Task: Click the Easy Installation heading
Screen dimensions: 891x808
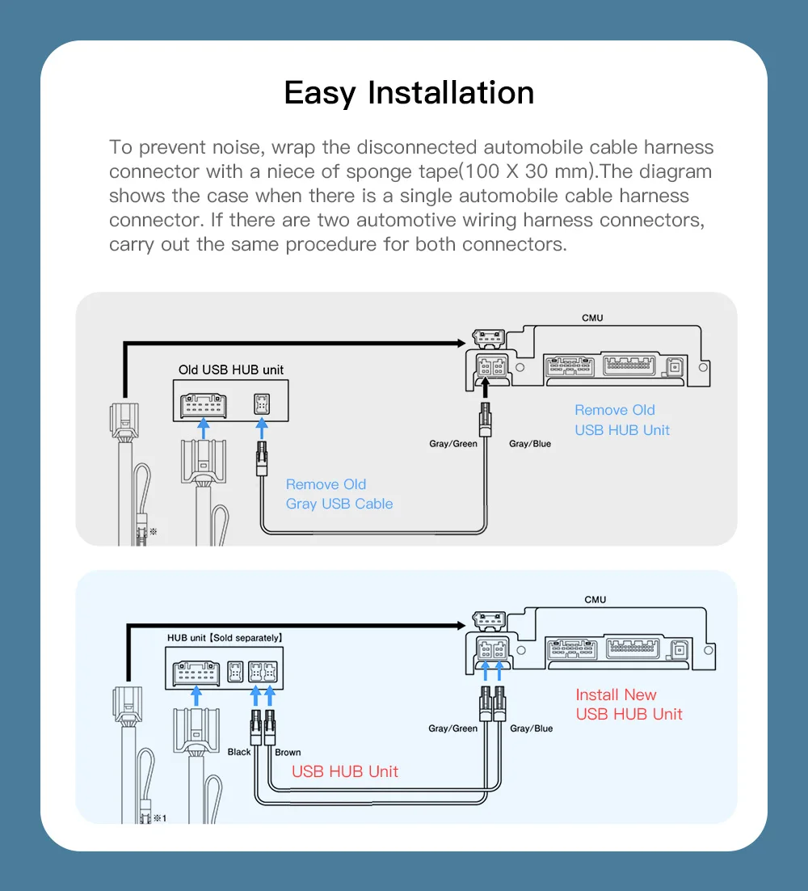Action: pos(409,93)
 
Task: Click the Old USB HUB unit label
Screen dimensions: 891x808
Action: pos(231,369)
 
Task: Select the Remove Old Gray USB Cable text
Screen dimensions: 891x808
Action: pos(339,494)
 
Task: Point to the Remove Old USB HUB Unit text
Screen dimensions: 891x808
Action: pos(622,420)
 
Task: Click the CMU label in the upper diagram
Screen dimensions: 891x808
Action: pos(592,318)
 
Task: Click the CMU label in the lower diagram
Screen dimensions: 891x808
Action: pos(595,599)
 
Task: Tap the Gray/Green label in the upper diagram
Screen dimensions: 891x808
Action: pos(452,444)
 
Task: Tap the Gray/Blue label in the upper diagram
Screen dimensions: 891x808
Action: pos(530,444)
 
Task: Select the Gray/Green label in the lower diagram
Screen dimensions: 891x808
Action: pos(452,728)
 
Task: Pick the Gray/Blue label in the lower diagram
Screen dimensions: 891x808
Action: pos(532,728)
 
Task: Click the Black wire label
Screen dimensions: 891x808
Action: pos(239,752)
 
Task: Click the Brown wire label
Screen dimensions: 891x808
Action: pos(288,752)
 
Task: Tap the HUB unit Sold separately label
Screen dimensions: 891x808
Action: pos(225,638)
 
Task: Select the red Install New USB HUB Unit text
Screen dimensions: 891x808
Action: pos(629,704)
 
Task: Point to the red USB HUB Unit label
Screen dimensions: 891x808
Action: pos(345,771)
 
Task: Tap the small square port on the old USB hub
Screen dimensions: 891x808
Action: pos(261,403)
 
